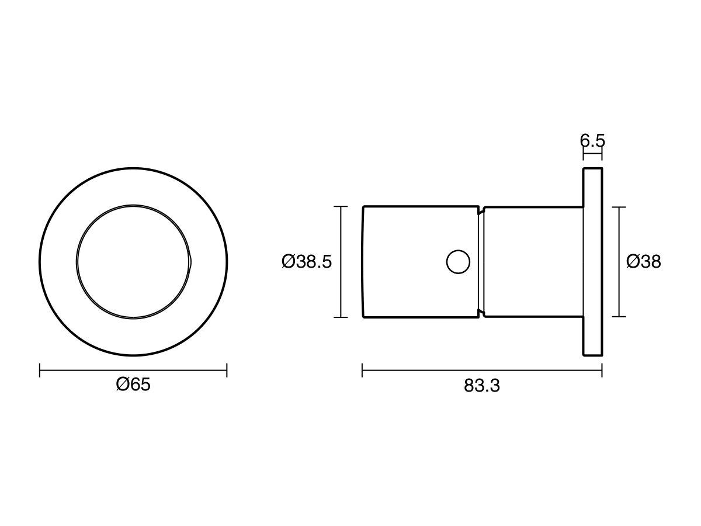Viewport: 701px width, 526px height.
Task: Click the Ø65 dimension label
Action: pos(133,385)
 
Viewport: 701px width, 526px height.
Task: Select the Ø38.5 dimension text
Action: pos(306,262)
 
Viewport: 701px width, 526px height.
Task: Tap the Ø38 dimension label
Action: pos(643,262)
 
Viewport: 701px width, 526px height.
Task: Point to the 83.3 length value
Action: pos(482,386)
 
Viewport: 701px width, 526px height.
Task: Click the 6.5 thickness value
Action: pos(592,141)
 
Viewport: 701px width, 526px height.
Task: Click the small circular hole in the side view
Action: pos(458,261)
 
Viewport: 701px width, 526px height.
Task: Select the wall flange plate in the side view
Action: pos(592,262)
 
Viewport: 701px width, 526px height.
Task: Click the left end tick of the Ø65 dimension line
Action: pos(40,370)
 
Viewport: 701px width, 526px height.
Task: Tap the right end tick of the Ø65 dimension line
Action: pos(227,370)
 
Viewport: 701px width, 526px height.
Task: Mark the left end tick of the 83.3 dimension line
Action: pos(362,370)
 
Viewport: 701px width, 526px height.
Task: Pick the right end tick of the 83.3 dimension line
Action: pos(602,370)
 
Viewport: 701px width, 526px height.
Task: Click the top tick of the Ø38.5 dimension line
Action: pos(341,206)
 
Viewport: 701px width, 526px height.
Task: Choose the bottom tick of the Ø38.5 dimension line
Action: pos(341,317)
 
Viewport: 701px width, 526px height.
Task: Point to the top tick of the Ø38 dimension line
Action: pos(619,207)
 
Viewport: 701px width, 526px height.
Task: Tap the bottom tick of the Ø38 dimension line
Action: pos(619,317)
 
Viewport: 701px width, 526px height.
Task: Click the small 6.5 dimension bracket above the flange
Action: pos(592,155)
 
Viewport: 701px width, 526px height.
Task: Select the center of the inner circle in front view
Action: pos(134,261)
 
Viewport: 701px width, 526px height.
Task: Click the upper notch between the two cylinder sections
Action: pos(481,211)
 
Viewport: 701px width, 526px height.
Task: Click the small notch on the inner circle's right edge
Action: pos(190,261)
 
